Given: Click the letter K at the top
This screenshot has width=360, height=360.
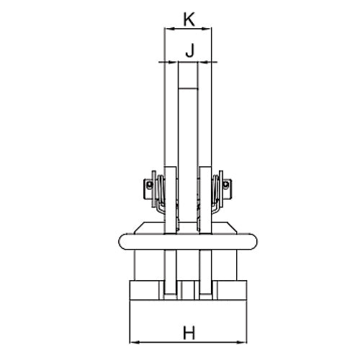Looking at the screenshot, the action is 189,19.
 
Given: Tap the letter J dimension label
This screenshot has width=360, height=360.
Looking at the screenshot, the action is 189,50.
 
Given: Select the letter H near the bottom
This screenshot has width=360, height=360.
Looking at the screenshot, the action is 189,333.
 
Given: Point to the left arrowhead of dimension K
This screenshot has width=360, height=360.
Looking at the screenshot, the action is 169,29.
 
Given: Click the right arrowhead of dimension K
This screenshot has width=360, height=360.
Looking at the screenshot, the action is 207,29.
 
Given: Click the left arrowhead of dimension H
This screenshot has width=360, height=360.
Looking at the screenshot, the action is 135,342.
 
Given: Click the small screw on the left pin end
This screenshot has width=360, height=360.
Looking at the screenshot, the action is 150,184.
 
